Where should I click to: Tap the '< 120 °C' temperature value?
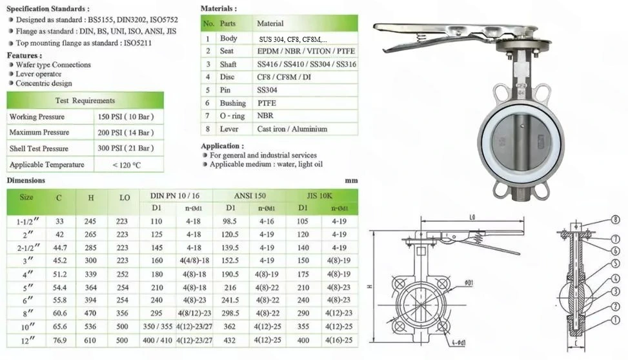127,165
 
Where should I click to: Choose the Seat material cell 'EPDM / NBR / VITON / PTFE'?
305,51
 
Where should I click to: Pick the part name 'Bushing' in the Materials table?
232,103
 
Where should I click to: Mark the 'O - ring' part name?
233,116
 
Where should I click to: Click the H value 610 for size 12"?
90,340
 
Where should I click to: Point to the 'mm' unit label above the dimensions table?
351,181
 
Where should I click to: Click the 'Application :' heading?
222,146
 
